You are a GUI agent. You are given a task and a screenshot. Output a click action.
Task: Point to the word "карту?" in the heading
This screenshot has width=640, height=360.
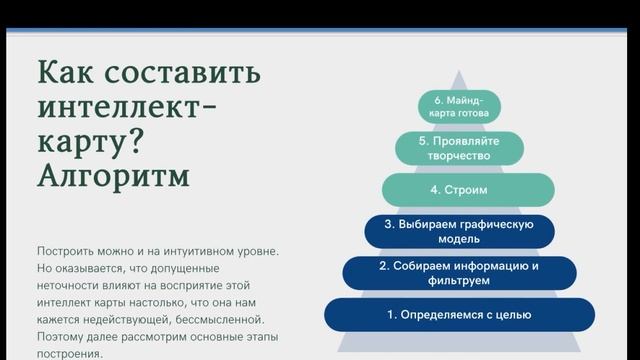tap(90, 142)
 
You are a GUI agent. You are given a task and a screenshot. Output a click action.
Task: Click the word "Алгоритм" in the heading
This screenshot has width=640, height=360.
tap(115, 177)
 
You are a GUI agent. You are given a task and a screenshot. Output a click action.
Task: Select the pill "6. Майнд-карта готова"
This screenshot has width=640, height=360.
tap(460, 106)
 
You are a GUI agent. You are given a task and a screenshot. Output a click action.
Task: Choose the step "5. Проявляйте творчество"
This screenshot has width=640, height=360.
tap(460, 148)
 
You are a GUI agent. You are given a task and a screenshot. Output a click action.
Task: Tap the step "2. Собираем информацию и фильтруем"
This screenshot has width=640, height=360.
tap(460, 273)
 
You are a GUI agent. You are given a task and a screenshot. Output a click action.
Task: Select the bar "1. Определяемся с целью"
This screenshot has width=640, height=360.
tap(460, 315)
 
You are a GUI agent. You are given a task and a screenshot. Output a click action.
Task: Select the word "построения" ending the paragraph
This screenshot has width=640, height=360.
tap(68, 354)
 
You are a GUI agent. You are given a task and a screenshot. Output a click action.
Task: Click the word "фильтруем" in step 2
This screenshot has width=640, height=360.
tap(460, 282)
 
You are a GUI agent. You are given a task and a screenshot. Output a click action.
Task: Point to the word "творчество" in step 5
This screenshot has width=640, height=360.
tap(460, 157)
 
